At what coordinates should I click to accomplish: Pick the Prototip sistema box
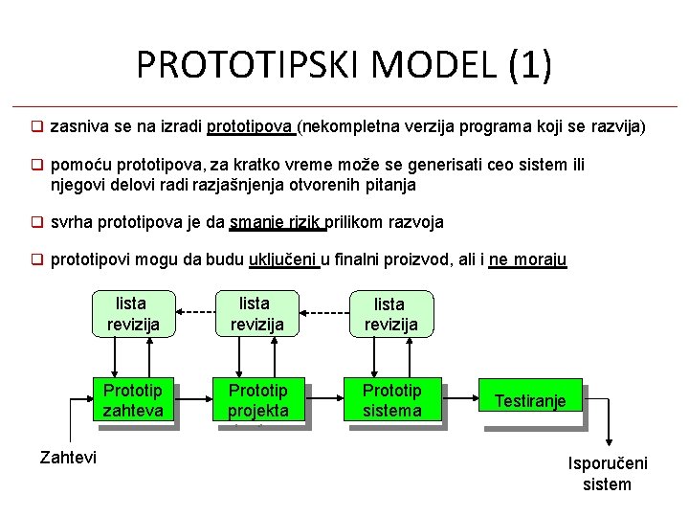click(x=391, y=401)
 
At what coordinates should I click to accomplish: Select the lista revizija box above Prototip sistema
click(x=390, y=314)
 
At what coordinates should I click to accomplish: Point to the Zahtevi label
click(x=68, y=458)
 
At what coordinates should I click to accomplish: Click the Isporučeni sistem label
click(x=608, y=473)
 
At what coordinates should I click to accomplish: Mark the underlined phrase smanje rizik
click(x=277, y=222)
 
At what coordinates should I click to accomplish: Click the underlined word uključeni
click(x=283, y=258)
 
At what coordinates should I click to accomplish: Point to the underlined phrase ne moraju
click(x=527, y=258)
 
